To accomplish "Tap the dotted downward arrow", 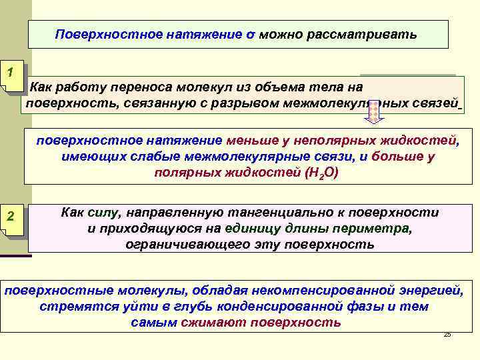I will point(375,113).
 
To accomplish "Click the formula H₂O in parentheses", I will point(321,173).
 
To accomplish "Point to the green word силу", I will point(100,213).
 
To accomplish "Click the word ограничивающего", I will point(175,245).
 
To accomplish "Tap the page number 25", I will point(447,334).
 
